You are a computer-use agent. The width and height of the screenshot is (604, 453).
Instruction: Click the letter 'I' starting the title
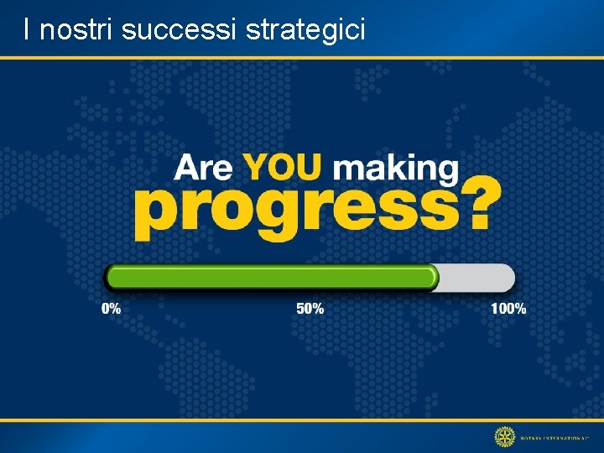28,30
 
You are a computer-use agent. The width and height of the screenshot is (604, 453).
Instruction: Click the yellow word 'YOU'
282,166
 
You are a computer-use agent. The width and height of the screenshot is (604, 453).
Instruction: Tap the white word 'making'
396,169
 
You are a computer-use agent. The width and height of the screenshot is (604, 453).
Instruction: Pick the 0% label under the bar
111,309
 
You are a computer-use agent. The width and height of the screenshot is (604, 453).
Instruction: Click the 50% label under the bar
310,309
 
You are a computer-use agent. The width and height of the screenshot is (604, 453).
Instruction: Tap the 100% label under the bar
508,309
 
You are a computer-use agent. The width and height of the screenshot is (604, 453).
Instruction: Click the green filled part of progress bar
268,277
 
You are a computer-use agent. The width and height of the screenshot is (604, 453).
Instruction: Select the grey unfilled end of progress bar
478,277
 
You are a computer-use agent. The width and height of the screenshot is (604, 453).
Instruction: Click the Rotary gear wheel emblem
504,436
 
